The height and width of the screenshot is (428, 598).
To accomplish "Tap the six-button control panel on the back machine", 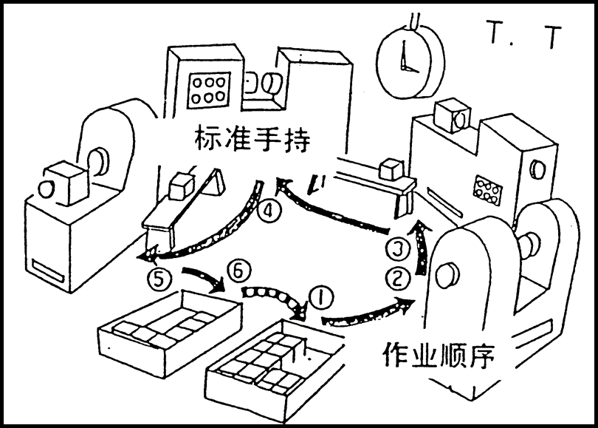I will coord(209,89).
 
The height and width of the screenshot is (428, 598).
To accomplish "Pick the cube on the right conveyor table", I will coord(391,169).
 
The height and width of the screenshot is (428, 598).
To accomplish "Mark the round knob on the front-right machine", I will coord(445,276).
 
